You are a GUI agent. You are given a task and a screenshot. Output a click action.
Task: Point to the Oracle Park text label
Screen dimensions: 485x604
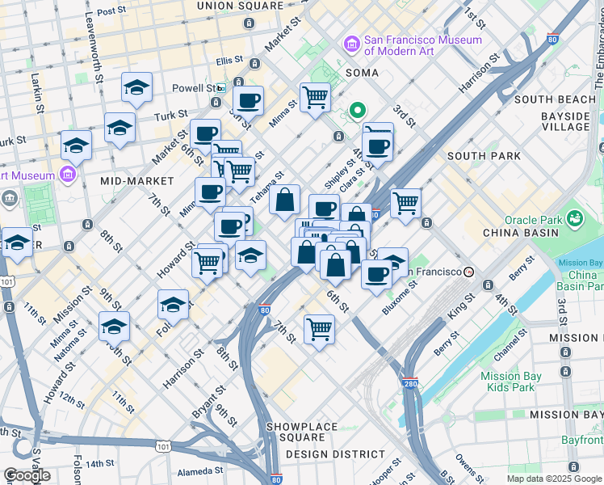tap(532, 219)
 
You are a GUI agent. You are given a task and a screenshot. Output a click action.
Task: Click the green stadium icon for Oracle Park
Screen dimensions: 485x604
tap(574, 218)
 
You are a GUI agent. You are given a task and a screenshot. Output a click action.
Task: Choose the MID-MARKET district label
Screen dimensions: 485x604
tap(137, 180)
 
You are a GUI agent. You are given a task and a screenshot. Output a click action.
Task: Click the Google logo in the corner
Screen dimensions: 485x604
tap(27, 475)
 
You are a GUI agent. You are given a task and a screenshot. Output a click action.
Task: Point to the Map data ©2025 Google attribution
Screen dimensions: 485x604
tap(554, 479)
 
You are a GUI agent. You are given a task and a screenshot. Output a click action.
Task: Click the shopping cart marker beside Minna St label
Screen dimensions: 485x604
tap(315, 97)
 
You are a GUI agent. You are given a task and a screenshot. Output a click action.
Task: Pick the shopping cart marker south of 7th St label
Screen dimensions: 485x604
tap(319, 329)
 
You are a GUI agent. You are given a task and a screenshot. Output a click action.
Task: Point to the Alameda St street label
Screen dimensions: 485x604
tap(201, 470)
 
